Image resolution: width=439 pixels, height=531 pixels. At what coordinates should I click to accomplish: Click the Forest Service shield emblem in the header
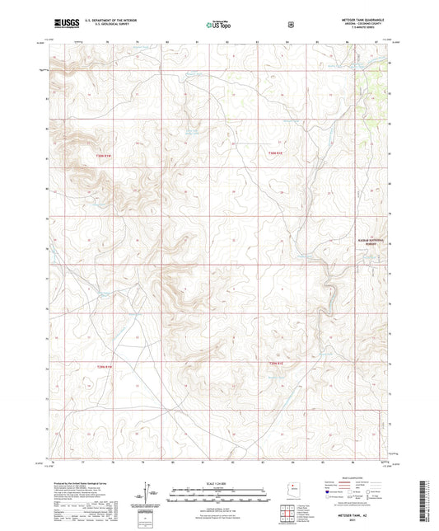tap(291, 24)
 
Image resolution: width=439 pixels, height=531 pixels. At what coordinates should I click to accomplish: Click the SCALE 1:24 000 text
tap(219, 483)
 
